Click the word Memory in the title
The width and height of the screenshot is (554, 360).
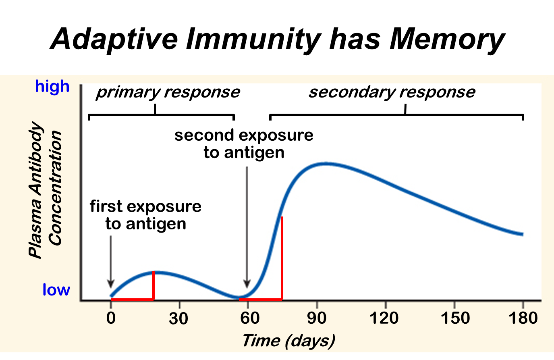(447, 39)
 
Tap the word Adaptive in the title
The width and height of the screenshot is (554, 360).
(114, 39)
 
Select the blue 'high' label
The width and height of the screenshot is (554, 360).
(52, 86)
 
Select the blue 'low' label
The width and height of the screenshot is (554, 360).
(56, 290)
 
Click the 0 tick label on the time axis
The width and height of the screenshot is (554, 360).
(111, 318)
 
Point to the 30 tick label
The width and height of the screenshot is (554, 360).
(178, 318)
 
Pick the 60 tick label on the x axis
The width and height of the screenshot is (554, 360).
(250, 318)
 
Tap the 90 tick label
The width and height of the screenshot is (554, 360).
(317, 318)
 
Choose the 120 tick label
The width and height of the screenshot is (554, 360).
(384, 318)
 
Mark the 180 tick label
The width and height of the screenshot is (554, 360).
(523, 318)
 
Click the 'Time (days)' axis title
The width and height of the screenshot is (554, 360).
(288, 341)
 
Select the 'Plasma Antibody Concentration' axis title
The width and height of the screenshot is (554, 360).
(45, 189)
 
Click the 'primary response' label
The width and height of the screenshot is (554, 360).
(168, 92)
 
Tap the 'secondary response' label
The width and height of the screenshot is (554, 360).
(392, 92)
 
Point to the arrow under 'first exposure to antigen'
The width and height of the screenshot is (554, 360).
(111, 262)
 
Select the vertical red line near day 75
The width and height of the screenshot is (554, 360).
(282, 258)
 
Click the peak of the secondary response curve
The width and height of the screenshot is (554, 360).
(326, 163)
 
